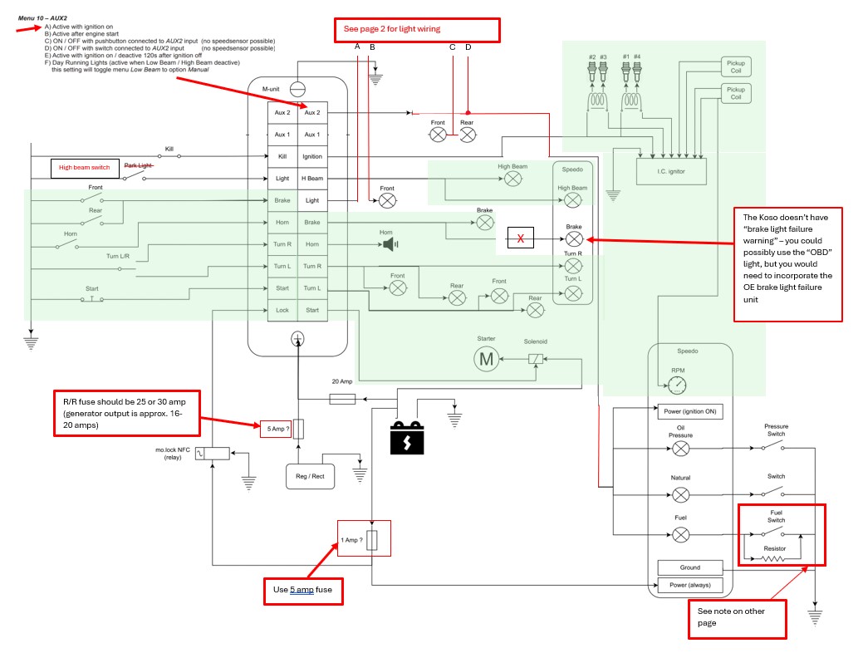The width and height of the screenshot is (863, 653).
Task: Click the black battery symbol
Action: pyautogui.click(x=407, y=439)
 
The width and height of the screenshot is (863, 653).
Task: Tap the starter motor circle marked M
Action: pyautogui.click(x=484, y=359)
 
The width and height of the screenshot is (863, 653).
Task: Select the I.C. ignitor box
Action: pyautogui.click(x=670, y=170)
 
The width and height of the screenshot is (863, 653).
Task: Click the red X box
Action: pyautogui.click(x=521, y=239)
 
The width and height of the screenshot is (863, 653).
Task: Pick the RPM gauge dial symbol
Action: pyautogui.click(x=678, y=384)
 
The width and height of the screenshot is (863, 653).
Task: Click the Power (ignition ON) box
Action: pyautogui.click(x=690, y=411)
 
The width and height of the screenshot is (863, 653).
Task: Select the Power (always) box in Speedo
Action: pyautogui.click(x=690, y=585)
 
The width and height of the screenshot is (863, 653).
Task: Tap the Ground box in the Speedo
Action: pyautogui.click(x=690, y=567)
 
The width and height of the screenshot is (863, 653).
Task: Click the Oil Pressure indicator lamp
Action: pyautogui.click(x=680, y=449)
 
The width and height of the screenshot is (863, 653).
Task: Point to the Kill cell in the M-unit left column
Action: pyautogui.click(x=282, y=156)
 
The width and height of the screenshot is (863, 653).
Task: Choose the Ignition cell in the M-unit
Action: pyautogui.click(x=312, y=156)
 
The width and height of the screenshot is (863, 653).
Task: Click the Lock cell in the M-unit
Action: pyautogui.click(x=282, y=311)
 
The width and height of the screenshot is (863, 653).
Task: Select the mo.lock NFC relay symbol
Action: pyautogui.click(x=218, y=453)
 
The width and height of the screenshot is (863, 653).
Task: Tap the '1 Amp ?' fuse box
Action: pyautogui.click(x=363, y=541)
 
